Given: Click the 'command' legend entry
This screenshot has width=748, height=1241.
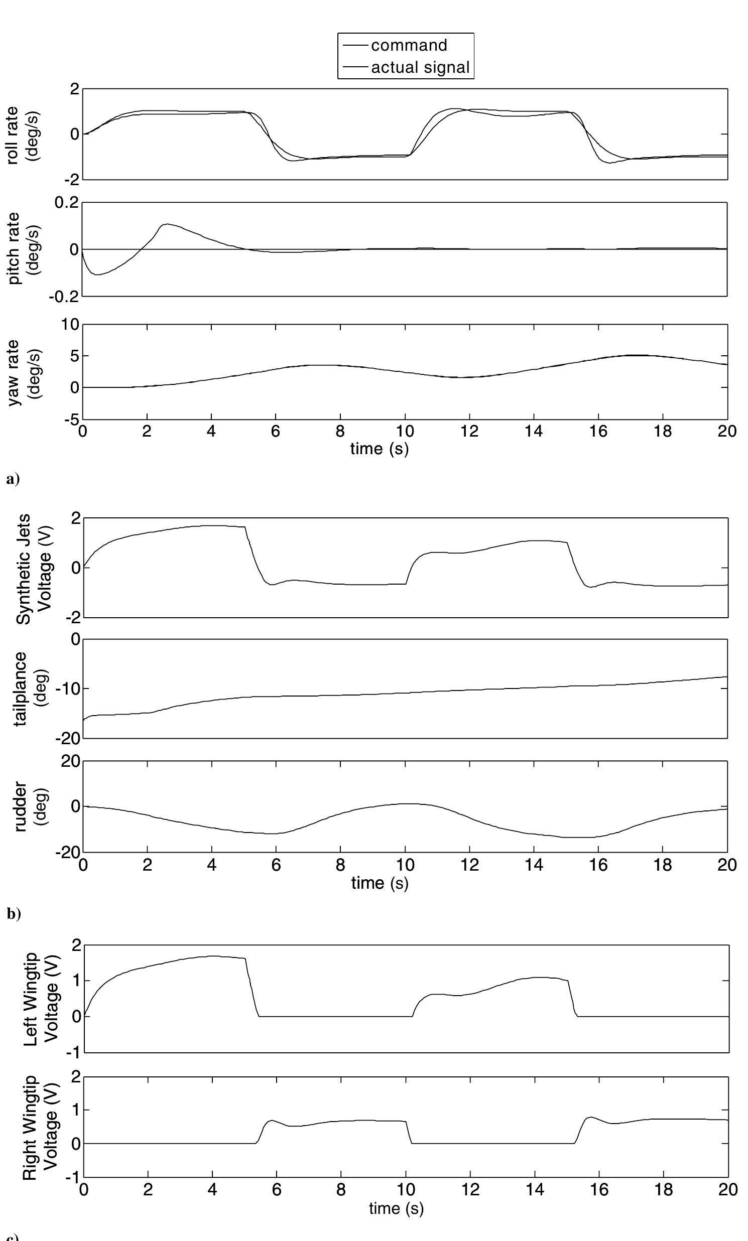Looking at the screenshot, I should point(409,45).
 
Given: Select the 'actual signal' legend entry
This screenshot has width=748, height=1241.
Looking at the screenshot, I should point(420,67).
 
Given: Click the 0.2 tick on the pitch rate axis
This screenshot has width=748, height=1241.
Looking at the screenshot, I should point(66,203).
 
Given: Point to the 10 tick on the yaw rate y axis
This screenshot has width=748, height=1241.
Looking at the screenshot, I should point(70,324).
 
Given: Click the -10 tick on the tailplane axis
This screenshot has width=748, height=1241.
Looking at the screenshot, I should point(67,688).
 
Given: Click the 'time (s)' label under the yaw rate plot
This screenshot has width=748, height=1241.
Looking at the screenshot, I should point(380,448).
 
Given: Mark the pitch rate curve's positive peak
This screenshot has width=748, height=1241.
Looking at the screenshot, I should point(167,224).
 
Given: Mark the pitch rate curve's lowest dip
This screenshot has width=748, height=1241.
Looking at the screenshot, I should point(96,274).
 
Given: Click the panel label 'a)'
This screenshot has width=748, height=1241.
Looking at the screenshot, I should point(13,478).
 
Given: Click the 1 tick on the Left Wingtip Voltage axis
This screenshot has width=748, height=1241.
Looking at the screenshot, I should point(76,981).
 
